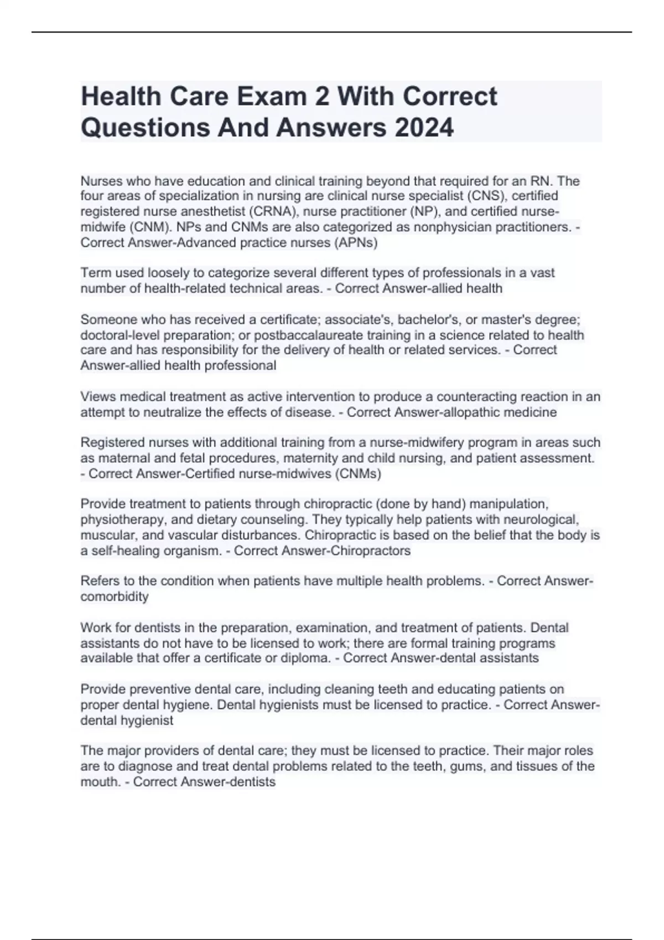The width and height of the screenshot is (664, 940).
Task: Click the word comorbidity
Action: (115, 597)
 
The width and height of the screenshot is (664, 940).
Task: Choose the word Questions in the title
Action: (144, 128)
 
